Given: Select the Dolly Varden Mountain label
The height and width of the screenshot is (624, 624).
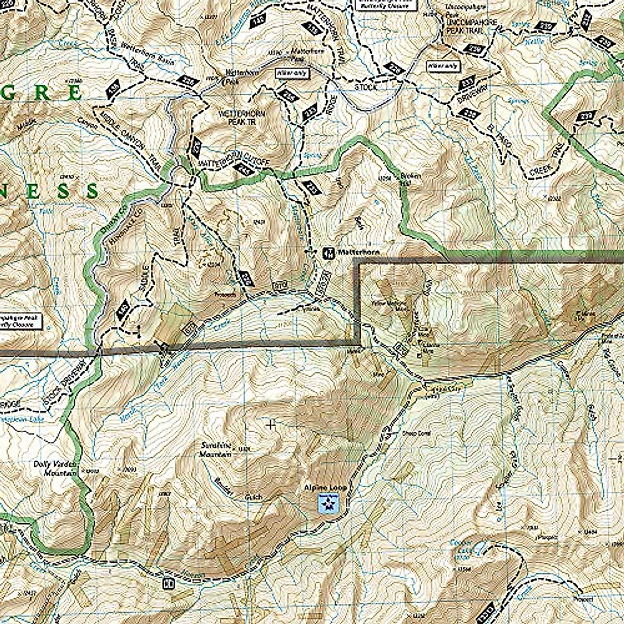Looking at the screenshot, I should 56,468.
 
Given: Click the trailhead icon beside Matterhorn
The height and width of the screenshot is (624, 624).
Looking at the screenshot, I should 328,253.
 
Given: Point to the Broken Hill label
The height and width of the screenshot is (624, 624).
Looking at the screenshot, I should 410,179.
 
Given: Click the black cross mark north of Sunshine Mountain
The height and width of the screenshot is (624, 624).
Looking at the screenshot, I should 270,425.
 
